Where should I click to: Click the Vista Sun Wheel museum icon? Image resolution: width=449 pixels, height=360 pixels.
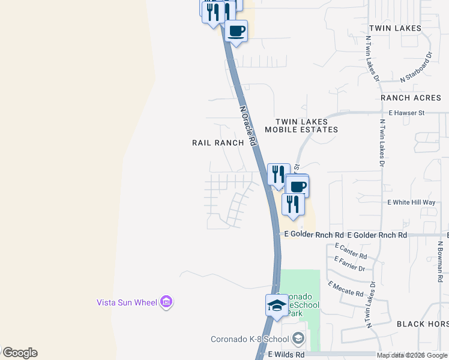click(167, 302)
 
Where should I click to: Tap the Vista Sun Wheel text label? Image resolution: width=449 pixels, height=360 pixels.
click(127, 302)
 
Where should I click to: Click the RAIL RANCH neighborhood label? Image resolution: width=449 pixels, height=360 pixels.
click(218, 143)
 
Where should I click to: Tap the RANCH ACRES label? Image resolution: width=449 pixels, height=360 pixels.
click(411, 98)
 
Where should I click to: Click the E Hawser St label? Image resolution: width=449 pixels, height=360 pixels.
click(406, 112)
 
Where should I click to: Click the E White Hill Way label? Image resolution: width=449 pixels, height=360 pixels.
click(411, 202)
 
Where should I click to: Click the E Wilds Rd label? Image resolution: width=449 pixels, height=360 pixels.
click(286, 355)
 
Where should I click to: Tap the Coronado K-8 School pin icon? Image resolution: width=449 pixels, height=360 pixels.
click(299, 339)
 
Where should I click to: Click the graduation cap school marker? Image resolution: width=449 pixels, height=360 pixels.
click(276, 305)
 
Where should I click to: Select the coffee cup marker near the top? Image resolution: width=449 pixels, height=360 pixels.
click(236, 30)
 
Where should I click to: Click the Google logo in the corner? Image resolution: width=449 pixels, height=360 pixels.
click(19, 353)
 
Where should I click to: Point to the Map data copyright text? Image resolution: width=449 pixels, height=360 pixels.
click(412, 355)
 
